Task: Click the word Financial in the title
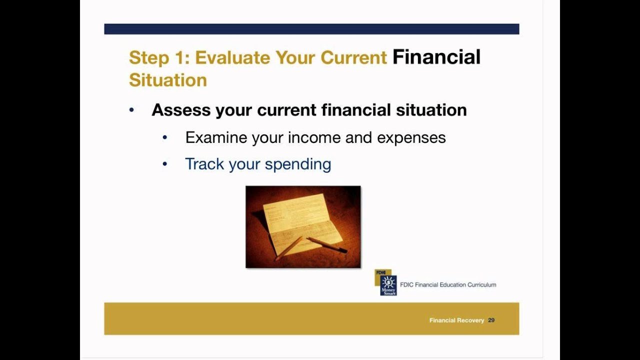pyautogui.click(x=436, y=57)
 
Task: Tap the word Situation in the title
pyautogui.click(x=168, y=80)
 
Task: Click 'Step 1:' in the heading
pyautogui.click(x=158, y=57)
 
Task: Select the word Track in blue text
pyautogui.click(x=204, y=164)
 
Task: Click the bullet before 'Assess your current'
pyautogui.click(x=131, y=110)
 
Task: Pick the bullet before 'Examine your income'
pyautogui.click(x=165, y=137)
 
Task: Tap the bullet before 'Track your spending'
pyautogui.click(x=165, y=164)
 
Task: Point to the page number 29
pyautogui.click(x=491, y=320)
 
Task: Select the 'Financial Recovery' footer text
pyautogui.click(x=456, y=320)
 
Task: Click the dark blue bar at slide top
pyautogui.click(x=311, y=29)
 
